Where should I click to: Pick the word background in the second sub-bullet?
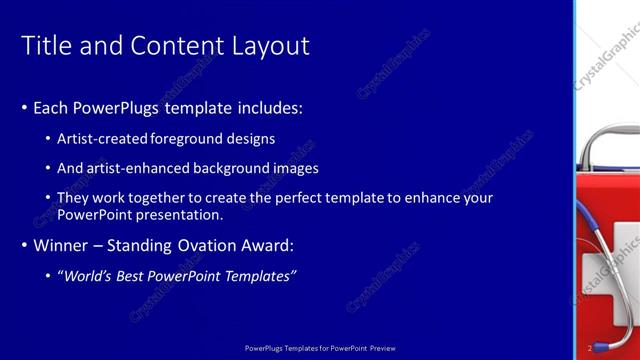(x=236, y=168)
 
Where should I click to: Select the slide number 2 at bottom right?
(x=590, y=348)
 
